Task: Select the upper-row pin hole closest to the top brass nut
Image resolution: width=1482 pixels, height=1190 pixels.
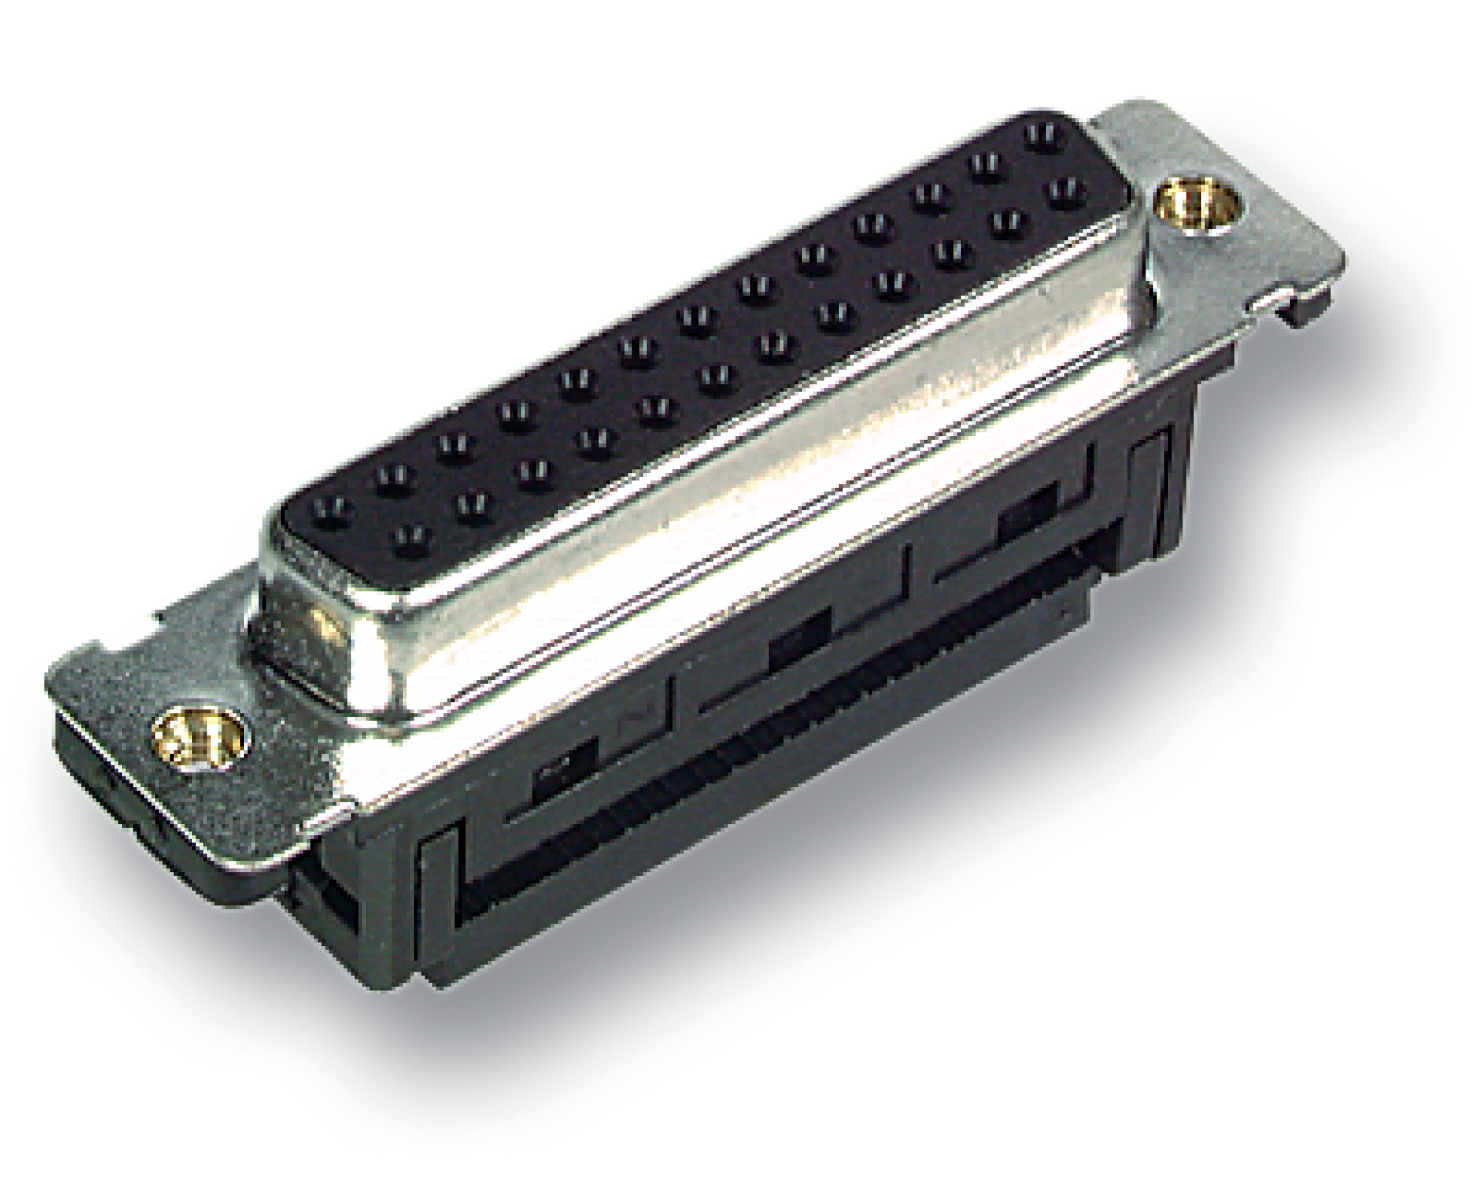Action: click(x=1040, y=137)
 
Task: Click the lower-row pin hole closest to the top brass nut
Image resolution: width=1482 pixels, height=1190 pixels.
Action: click(x=1064, y=188)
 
